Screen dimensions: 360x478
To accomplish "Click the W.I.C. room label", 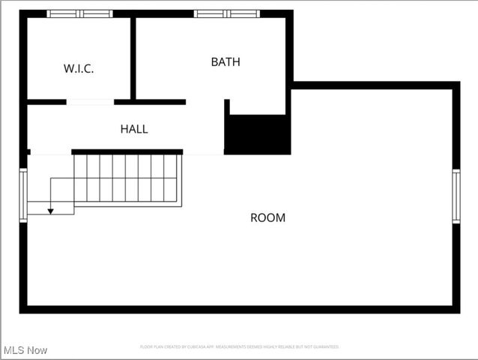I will tap(79, 68).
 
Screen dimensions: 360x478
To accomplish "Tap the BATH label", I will tap(226, 62).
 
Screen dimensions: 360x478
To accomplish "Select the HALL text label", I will tap(134, 129).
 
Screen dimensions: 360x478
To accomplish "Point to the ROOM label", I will tap(267, 217).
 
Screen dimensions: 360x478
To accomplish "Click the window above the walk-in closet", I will tap(79, 13).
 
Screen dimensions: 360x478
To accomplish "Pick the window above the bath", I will tap(226, 13).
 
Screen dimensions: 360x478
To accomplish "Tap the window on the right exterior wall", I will tap(456, 196).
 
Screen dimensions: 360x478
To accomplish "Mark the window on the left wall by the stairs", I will tap(23, 195).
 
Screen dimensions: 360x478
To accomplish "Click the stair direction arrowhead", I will tap(51, 211).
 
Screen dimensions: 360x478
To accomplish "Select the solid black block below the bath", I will tap(258, 135).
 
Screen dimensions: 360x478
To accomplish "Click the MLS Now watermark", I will tap(25, 350).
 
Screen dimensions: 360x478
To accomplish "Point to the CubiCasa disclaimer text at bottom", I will tap(240, 347).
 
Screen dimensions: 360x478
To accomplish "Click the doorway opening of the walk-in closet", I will tap(90, 102).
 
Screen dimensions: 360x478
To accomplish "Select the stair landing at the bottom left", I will tap(50, 196).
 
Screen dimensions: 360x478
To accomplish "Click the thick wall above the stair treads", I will tap(127, 151).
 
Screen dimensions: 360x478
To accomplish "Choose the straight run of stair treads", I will tap(127, 178).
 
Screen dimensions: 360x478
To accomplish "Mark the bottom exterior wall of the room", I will tap(240, 309).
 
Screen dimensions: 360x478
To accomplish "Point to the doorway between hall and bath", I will tap(205, 102).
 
